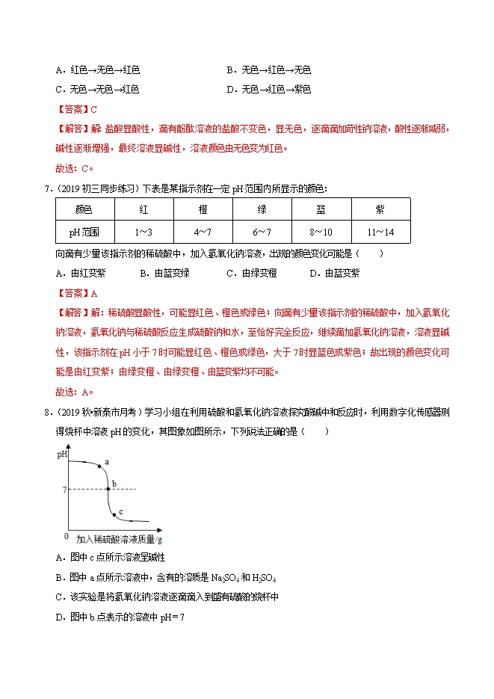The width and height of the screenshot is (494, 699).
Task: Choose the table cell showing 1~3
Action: (x=143, y=233)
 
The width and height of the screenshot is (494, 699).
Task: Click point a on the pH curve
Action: (x=99, y=466)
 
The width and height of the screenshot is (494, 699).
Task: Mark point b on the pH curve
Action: (x=108, y=489)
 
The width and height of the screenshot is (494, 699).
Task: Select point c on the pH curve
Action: (x=114, y=514)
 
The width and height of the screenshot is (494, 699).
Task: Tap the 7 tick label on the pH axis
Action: (x=64, y=490)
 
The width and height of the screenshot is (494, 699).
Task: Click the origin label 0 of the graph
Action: (x=67, y=536)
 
